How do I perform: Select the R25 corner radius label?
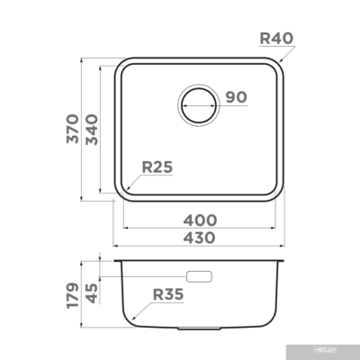(157, 166)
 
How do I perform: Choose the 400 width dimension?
(200, 219)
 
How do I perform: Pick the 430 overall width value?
(200, 238)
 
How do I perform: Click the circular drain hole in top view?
(199, 104)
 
